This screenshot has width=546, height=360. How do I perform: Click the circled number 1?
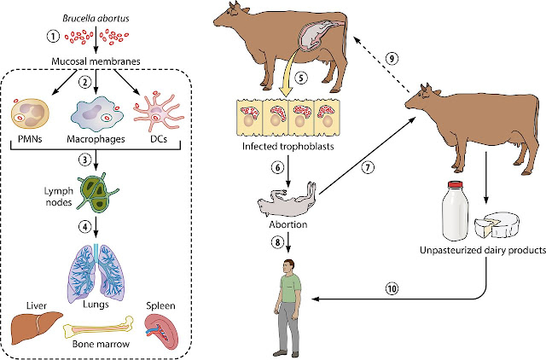coord(53,36)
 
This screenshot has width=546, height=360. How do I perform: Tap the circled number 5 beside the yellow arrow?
coord(301,78)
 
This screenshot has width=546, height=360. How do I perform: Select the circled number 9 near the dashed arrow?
coord(392,59)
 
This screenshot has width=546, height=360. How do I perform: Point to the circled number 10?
coord(392,288)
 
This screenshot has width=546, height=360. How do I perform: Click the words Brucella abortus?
coord(96,18)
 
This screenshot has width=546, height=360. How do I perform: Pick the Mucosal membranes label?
coord(96,61)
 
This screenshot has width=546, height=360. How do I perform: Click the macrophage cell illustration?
coord(97,114)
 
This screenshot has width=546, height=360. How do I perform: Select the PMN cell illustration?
coord(30,113)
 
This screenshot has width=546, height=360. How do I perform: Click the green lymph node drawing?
coord(97,194)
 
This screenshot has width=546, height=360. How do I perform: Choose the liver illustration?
coord(36,328)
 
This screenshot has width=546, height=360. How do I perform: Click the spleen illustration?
coord(161,331)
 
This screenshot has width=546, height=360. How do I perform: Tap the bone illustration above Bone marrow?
coord(98,328)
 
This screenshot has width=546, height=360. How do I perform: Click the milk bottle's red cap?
coord(455,184)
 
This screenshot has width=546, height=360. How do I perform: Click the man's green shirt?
coord(290,288)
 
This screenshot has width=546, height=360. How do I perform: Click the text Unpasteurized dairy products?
coord(483,250)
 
